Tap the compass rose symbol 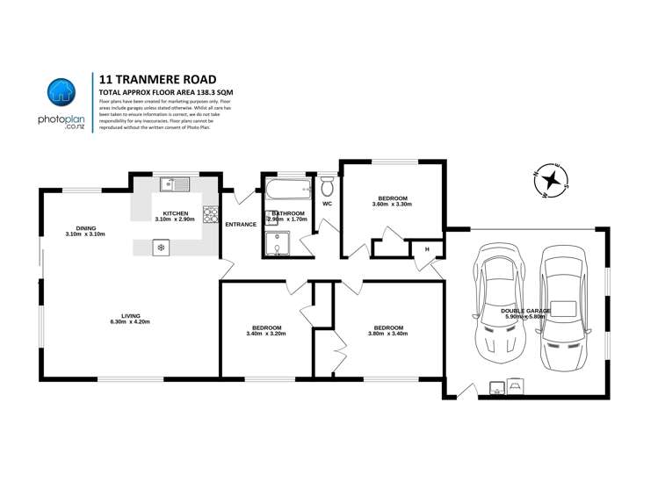tap(552, 181)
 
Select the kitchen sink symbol tap(174, 184)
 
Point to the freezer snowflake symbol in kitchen tap(161, 248)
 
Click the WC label tap(327, 204)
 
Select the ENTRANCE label tap(241, 224)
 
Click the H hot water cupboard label tap(428, 249)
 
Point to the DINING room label tap(85, 228)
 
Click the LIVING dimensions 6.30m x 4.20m tap(130, 322)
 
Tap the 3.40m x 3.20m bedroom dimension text tap(266, 334)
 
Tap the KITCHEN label tap(176, 212)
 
